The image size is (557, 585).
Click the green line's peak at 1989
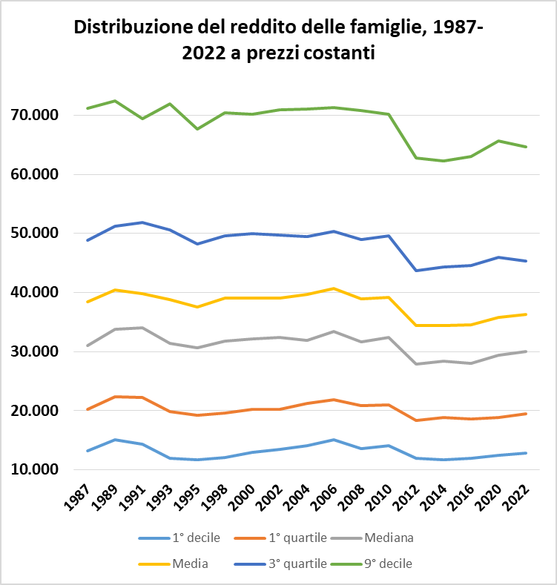pyautogui.click(x=114, y=101)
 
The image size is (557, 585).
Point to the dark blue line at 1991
pyautogui.click(x=142, y=222)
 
